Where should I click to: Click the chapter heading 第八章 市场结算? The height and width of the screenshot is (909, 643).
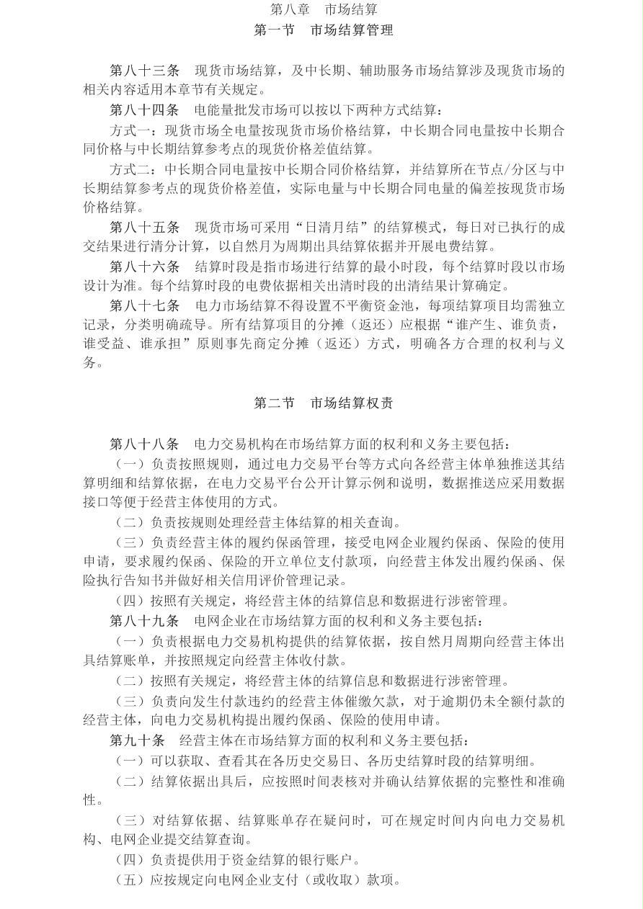(324, 9)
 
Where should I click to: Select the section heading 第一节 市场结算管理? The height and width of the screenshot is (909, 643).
(324, 30)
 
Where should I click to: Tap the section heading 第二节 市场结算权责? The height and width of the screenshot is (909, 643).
(324, 403)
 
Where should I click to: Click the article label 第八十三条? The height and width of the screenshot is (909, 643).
(144, 71)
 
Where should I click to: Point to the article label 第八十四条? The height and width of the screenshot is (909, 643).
(144, 110)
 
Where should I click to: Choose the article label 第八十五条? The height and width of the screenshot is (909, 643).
(144, 228)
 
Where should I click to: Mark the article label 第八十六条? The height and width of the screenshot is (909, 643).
(144, 267)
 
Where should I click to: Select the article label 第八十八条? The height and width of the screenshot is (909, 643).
(144, 444)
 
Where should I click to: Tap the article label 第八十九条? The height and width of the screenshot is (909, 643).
(144, 621)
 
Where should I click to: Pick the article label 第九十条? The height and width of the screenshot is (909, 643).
(137, 740)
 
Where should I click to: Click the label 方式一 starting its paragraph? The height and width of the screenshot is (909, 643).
(130, 130)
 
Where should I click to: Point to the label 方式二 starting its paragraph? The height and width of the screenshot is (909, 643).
(130, 169)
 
